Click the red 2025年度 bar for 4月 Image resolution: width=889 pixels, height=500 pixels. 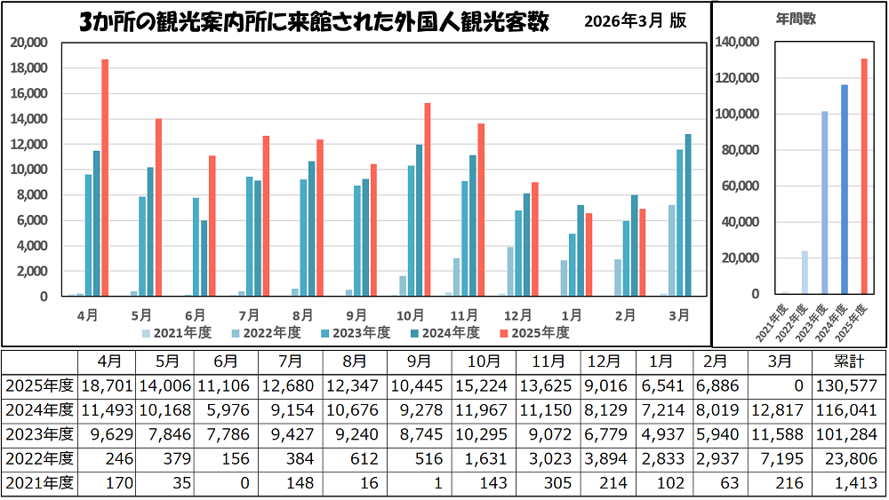(105, 178)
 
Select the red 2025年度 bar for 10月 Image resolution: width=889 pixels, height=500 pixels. (427, 200)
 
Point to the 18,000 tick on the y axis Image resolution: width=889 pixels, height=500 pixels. (30, 68)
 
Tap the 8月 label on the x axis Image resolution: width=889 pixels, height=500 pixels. (303, 314)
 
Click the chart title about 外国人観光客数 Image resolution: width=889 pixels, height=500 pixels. (315, 22)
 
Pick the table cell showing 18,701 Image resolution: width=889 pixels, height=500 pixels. (108, 385)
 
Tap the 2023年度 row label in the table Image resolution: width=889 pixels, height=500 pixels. (39, 434)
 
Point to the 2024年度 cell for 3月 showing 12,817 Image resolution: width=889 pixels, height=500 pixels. (780, 410)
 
